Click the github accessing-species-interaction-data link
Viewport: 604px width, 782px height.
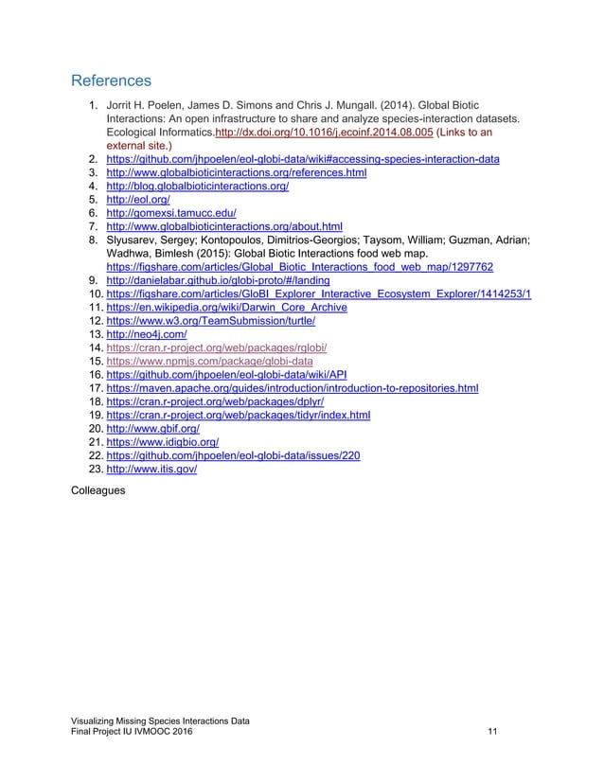click(302, 160)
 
